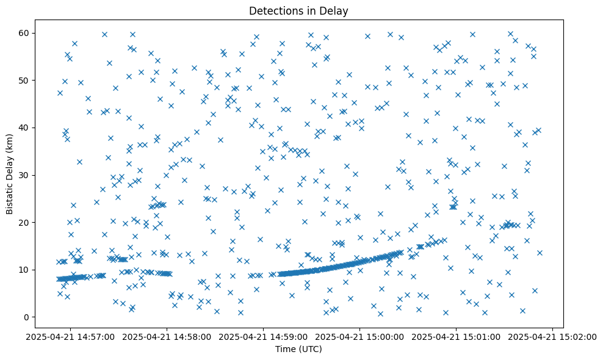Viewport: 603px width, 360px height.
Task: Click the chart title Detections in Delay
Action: [298, 10]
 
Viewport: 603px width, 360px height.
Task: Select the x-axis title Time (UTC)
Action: [298, 349]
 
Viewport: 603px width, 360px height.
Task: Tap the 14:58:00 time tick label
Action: [167, 336]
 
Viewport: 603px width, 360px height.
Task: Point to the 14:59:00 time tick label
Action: [264, 336]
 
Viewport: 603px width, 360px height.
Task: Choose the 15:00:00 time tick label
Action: [360, 336]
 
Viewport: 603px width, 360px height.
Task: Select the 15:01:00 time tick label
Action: [457, 336]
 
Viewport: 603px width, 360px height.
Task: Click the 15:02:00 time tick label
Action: [553, 336]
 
